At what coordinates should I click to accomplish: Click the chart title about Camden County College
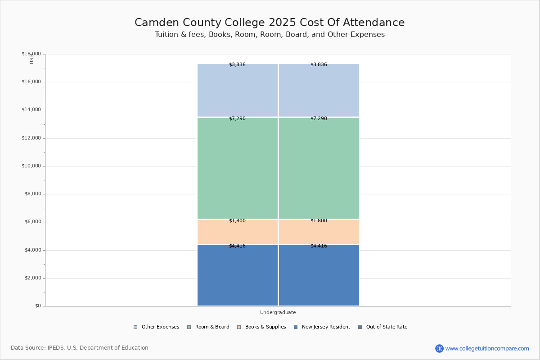click(270, 23)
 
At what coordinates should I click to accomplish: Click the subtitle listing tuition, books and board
click(270, 35)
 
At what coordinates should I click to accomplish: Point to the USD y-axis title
click(31, 59)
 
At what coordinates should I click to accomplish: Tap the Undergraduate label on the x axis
click(278, 312)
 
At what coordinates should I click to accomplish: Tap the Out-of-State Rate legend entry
click(383, 327)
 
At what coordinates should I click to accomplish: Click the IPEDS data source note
click(80, 348)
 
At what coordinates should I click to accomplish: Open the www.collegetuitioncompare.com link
click(487, 348)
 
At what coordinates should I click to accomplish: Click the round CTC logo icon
click(439, 348)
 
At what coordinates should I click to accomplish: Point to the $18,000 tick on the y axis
click(31, 54)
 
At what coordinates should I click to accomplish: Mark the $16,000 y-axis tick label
click(31, 82)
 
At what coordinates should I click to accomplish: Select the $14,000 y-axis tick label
click(31, 110)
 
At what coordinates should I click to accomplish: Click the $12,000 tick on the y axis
click(31, 138)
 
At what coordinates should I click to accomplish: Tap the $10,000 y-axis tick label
click(31, 166)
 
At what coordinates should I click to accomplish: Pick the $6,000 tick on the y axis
click(32, 222)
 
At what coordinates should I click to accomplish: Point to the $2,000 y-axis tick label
click(32, 278)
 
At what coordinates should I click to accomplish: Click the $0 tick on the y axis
click(38, 306)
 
